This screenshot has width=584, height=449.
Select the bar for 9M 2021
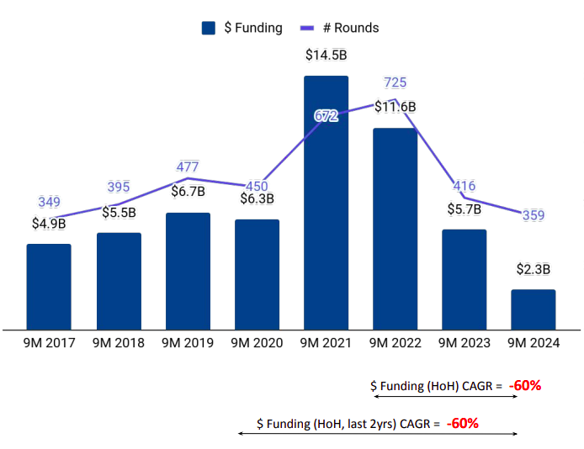point(326,202)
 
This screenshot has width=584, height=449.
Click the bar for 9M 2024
point(533,309)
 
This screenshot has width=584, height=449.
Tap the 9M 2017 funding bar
point(49,286)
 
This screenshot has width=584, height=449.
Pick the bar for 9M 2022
point(395,228)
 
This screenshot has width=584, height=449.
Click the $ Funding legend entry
point(242,28)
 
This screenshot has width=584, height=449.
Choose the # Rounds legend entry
point(340,28)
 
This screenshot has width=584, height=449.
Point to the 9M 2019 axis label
point(188,343)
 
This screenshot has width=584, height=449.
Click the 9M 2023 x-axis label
point(464,343)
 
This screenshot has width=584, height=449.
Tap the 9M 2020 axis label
point(257,343)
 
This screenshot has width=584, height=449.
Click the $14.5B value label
point(326,56)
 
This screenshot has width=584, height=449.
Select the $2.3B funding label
point(533,270)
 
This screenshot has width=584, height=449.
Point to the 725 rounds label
point(396,82)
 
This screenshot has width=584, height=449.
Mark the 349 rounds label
point(50,202)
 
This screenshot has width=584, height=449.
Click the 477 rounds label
point(188,166)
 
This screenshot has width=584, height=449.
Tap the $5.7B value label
point(464,209)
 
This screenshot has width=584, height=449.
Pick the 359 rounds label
point(533,215)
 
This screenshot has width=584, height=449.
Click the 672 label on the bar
point(326,116)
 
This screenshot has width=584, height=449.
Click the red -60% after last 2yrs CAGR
point(462,423)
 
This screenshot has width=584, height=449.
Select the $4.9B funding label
point(49,224)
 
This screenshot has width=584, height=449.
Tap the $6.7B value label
point(188,193)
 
